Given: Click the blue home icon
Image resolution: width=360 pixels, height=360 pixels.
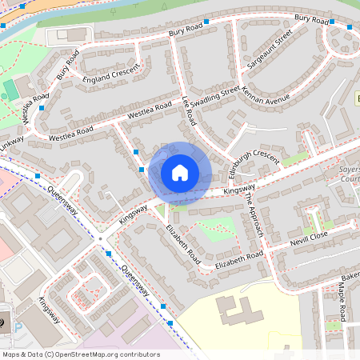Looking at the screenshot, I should (x=180, y=172).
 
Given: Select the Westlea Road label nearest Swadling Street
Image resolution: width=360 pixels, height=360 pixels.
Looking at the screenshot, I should (x=150, y=110).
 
